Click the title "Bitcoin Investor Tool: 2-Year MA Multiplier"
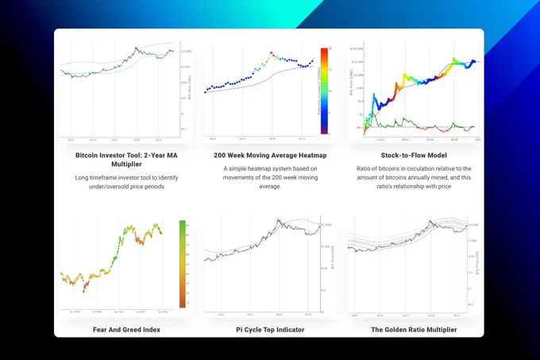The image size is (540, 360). click(x=126, y=156)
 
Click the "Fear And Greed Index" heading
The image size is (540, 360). click(x=126, y=329)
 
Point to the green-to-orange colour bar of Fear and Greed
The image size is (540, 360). click(x=182, y=263)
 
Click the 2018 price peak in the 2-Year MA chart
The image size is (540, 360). click(x=139, y=47)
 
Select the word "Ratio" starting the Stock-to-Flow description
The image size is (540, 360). click(x=367, y=168)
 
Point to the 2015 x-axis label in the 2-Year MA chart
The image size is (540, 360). click(x=71, y=139)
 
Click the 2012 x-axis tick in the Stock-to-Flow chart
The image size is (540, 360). click(x=370, y=138)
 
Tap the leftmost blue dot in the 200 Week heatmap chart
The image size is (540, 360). click(x=206, y=92)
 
